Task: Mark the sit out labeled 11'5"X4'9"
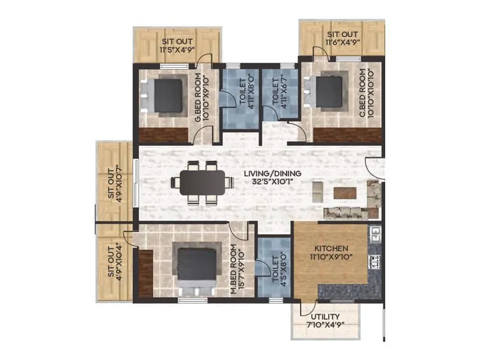click(177, 46)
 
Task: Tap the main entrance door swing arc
click(374, 167)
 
